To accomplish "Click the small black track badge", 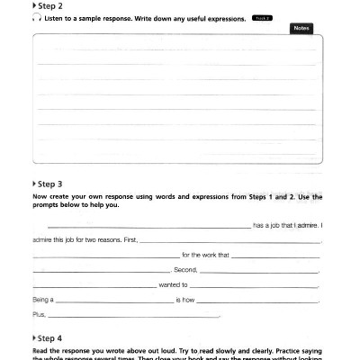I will (x=261, y=18).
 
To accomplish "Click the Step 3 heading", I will (x=48, y=184).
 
